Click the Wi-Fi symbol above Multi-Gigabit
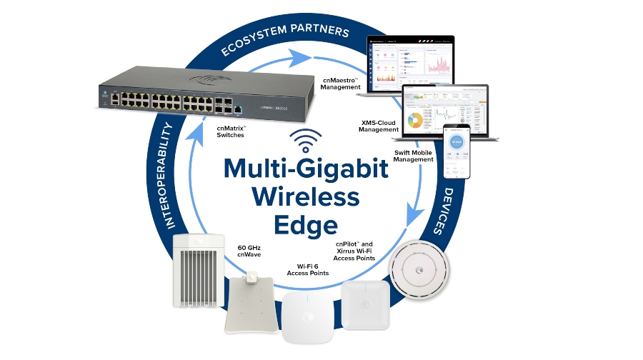306,140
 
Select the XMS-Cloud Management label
379,126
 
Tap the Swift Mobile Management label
414,156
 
